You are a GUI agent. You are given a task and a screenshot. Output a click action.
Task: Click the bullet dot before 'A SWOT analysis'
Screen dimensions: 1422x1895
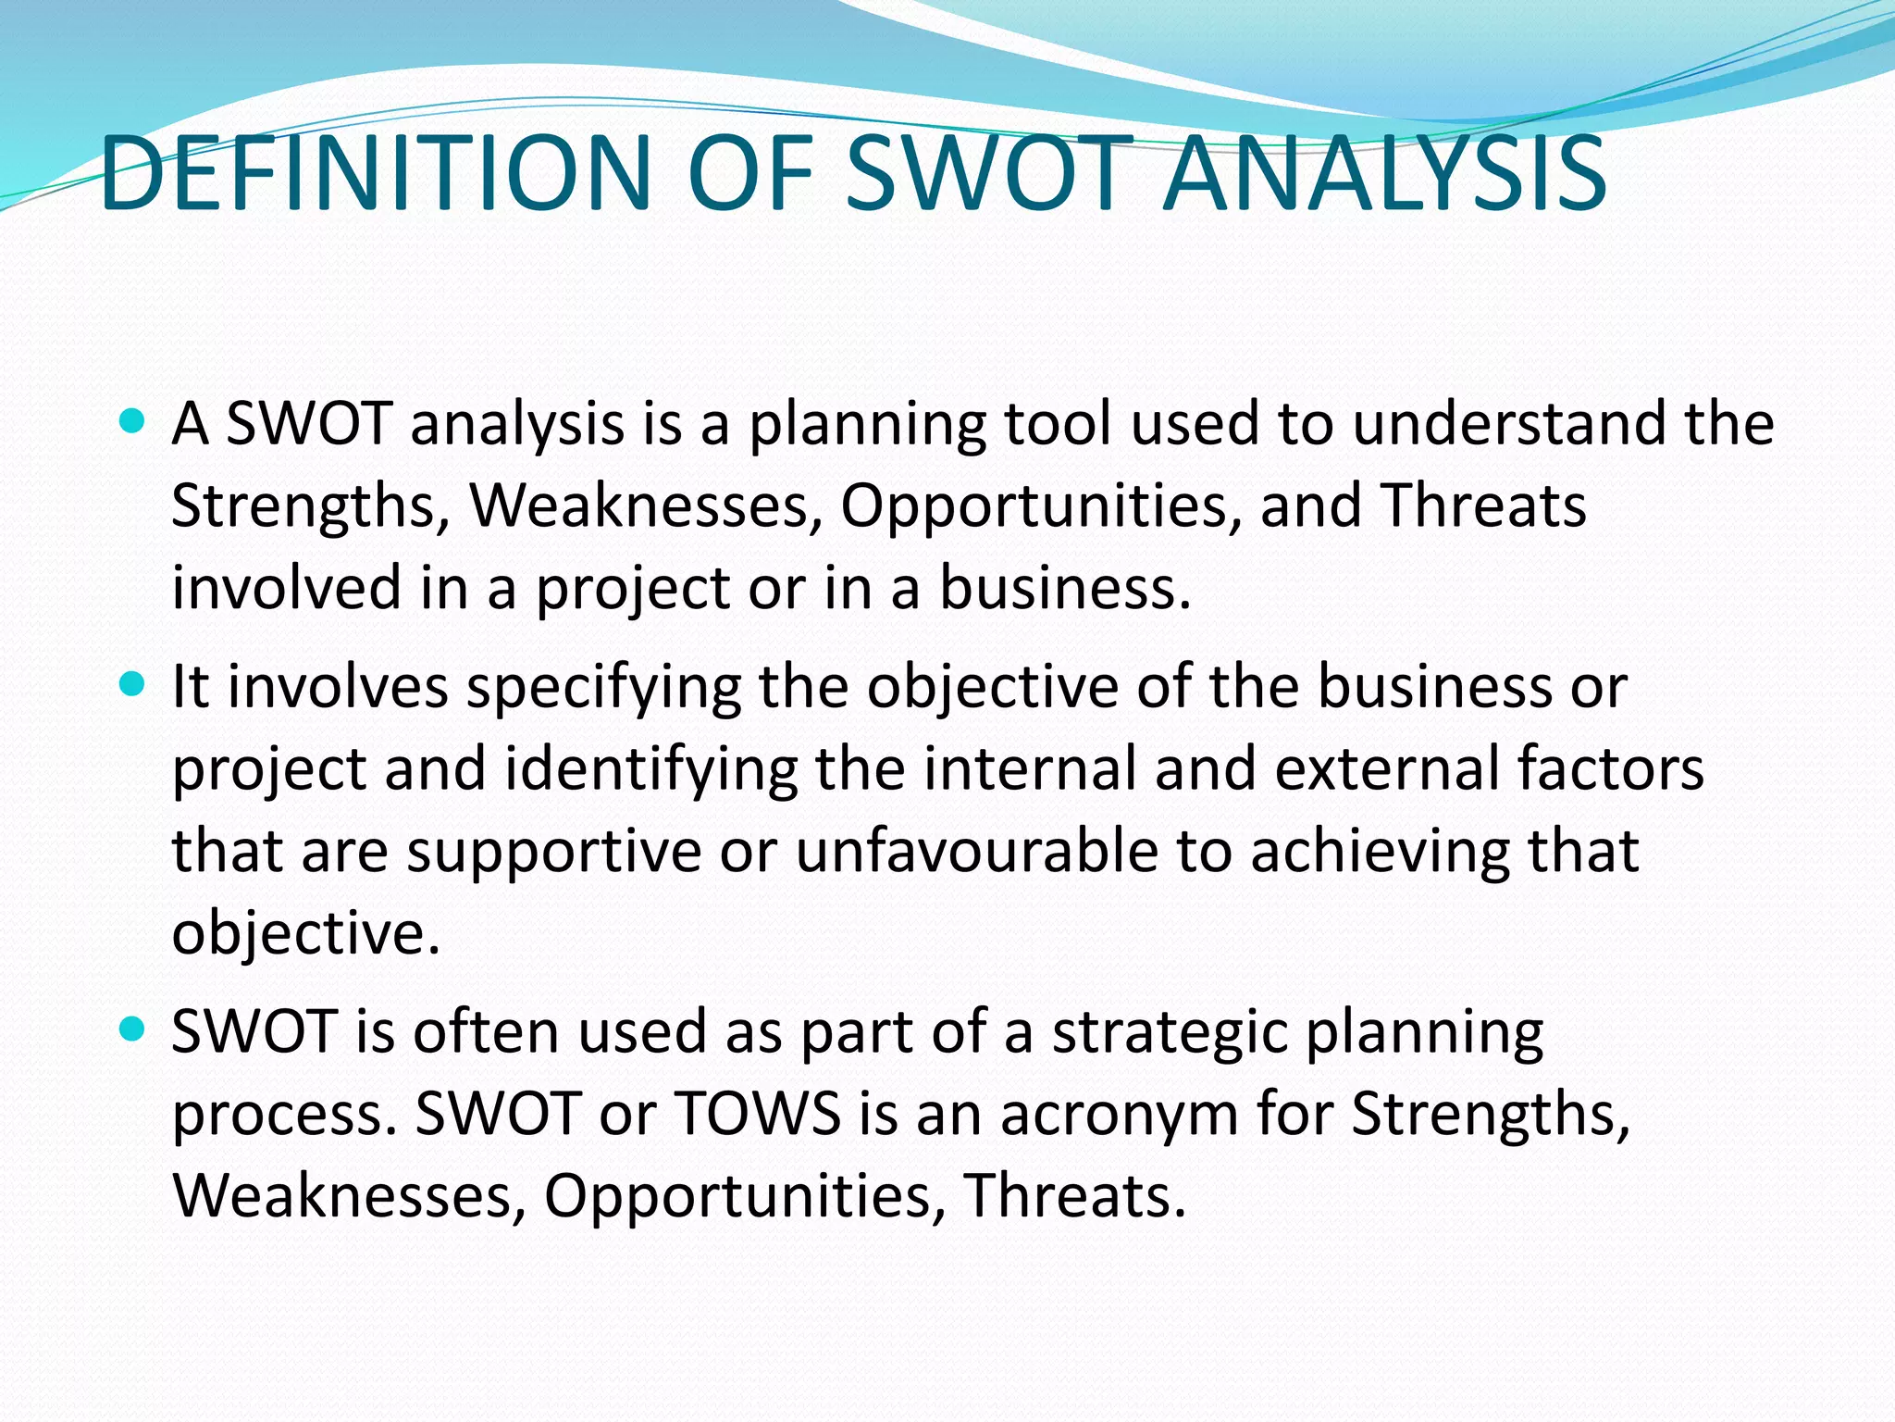coord(133,423)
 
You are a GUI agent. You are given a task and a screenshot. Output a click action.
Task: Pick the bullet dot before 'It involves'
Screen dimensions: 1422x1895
coord(133,686)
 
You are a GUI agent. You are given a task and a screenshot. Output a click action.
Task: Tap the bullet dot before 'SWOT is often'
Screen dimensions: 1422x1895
coord(133,1029)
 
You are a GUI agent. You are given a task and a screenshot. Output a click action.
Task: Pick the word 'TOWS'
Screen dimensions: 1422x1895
coord(757,1113)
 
